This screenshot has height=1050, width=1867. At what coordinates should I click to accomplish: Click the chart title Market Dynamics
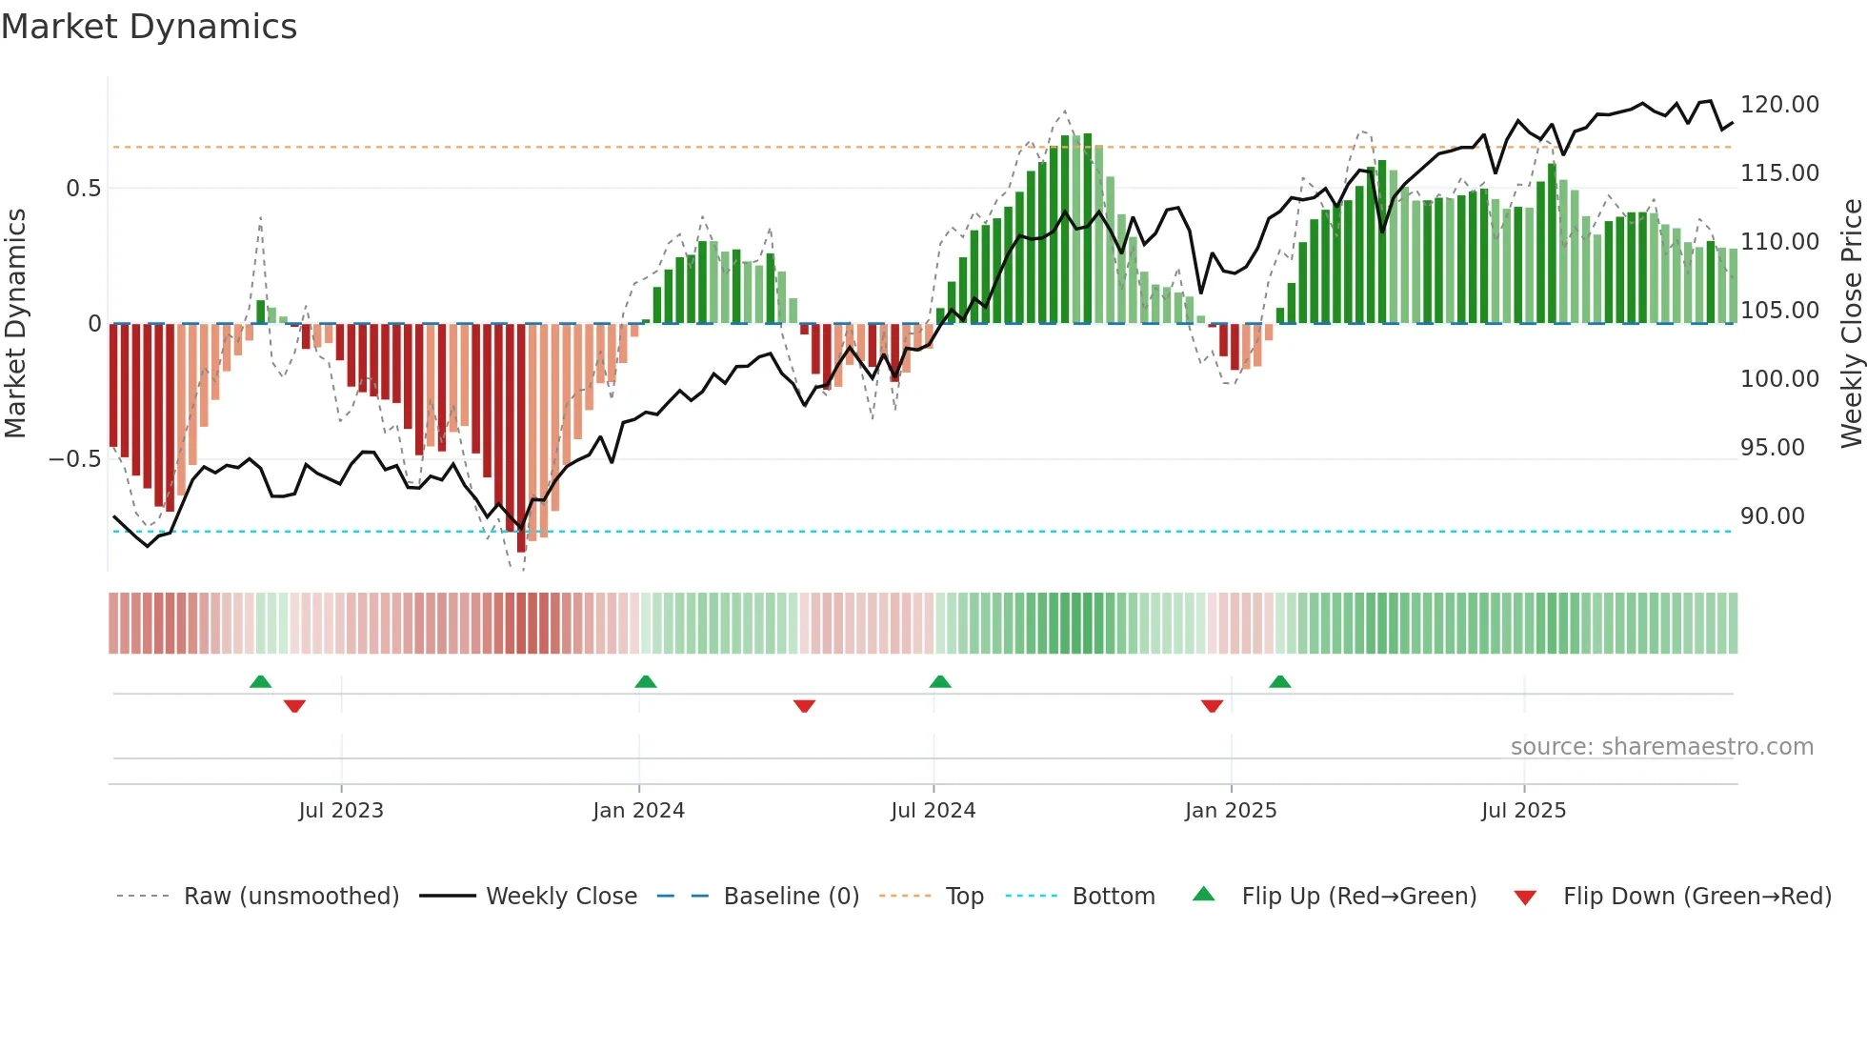coord(150,27)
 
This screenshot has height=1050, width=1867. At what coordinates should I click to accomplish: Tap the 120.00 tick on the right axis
coord(1779,105)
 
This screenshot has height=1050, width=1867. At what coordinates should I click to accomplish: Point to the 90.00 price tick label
coord(1772,516)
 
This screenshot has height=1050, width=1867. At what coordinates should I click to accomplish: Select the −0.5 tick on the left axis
coord(74,459)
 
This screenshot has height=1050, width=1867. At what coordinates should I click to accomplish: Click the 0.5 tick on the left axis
coord(83,189)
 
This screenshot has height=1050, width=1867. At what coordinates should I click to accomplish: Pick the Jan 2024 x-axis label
coord(638,811)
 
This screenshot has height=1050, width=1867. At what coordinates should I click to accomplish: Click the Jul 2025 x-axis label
coord(1523,811)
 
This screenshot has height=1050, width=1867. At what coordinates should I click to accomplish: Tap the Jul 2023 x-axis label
coord(341,811)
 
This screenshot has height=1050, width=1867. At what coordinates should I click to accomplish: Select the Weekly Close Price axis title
coord(1851,324)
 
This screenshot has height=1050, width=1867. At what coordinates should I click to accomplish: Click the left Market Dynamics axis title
coord(16,324)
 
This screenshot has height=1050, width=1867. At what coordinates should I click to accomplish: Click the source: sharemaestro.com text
coord(1661,747)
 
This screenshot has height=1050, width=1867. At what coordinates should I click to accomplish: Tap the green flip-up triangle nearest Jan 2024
coord(646,681)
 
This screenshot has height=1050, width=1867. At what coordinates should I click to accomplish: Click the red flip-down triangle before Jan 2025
coord(1212,706)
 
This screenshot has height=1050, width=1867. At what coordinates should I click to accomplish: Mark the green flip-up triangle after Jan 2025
coord(1280,681)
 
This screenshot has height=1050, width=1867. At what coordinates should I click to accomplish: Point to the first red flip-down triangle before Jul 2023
coord(294,706)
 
